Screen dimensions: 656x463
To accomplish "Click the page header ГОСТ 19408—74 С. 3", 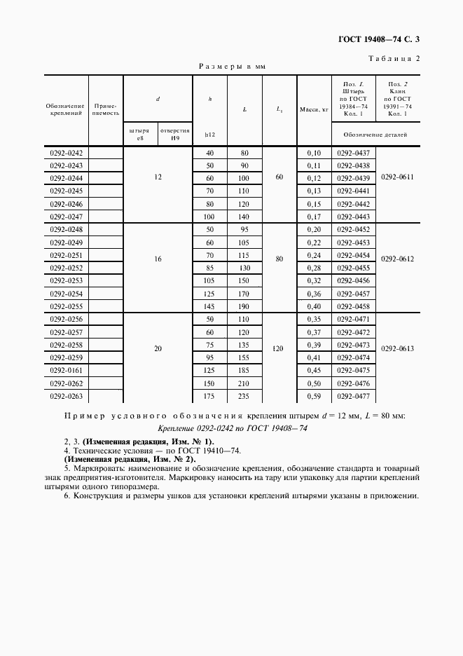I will [378, 40].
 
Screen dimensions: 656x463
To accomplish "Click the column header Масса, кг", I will [314, 110].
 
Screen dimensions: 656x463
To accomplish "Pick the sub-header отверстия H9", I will [174, 134].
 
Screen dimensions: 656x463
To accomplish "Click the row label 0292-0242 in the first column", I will [66, 153].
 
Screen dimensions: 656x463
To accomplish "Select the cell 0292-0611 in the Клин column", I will [397, 177].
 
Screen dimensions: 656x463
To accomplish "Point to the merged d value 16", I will [158, 259].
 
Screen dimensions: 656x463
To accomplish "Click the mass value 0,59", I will [314, 396].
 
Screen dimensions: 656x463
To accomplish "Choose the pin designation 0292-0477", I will [353, 396].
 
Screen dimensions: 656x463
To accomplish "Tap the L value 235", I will [244, 396].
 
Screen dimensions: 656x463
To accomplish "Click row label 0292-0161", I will [66, 371].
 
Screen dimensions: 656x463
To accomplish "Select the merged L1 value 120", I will [279, 348].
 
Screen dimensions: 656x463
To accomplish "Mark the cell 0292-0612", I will [397, 259].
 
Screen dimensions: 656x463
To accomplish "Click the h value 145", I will [209, 307].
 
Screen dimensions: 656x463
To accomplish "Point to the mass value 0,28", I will [314, 268].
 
